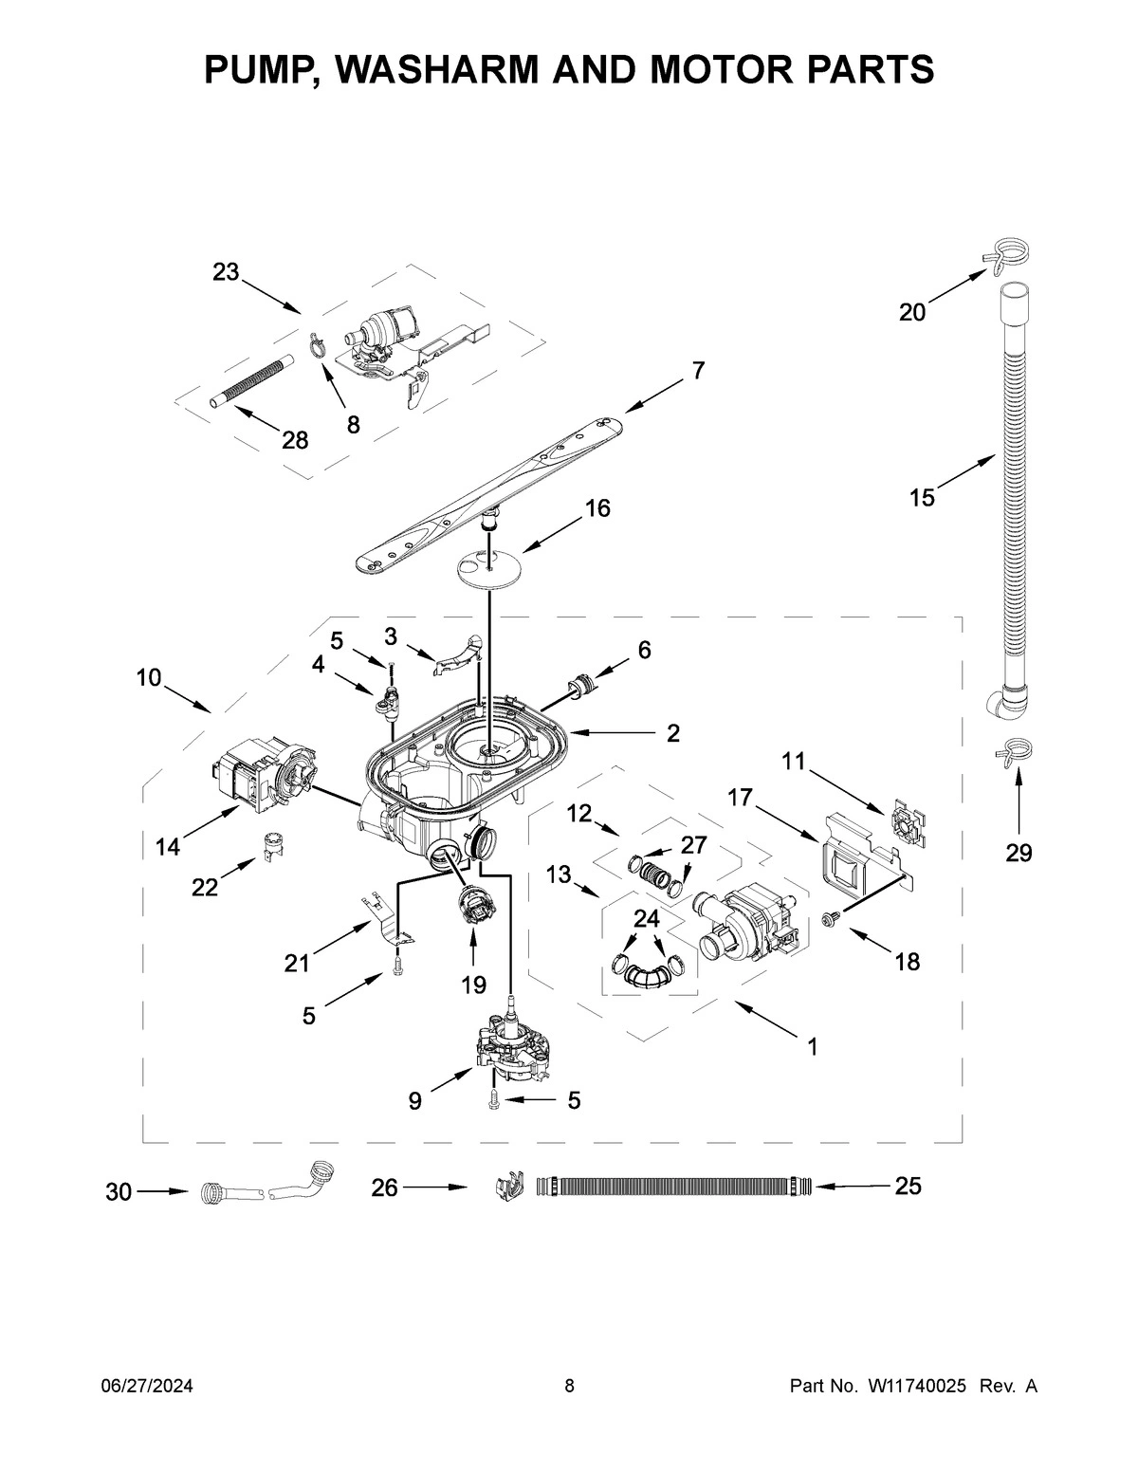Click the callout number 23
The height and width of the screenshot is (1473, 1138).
tap(226, 272)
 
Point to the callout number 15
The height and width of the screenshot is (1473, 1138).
tap(921, 496)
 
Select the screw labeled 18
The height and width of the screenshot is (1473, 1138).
tap(829, 918)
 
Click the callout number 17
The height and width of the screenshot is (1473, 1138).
tap(740, 799)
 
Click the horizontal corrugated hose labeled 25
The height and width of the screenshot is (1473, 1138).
tap(669, 1186)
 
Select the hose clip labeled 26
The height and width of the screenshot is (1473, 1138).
tap(509, 1187)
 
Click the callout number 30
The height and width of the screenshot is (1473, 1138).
tap(119, 1192)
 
